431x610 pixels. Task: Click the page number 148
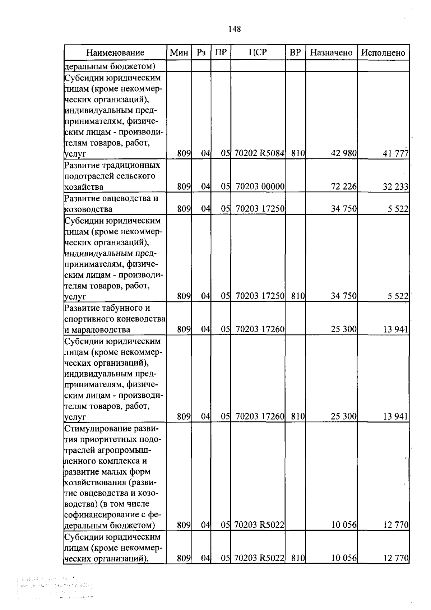click(x=235, y=29)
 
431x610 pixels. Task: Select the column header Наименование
click(x=115, y=53)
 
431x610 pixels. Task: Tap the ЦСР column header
click(x=258, y=52)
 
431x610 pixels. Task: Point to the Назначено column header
click(x=331, y=52)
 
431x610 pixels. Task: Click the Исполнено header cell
click(x=383, y=53)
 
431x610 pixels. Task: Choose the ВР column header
click(x=295, y=52)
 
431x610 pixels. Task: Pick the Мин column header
click(x=179, y=53)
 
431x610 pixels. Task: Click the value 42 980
click(x=344, y=153)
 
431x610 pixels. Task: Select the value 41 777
click(x=395, y=154)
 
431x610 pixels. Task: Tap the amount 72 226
click(x=344, y=186)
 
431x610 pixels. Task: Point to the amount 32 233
click(x=395, y=186)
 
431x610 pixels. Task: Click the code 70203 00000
click(x=260, y=186)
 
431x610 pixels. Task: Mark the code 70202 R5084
click(x=259, y=153)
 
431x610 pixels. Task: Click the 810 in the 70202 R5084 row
click(x=298, y=153)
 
